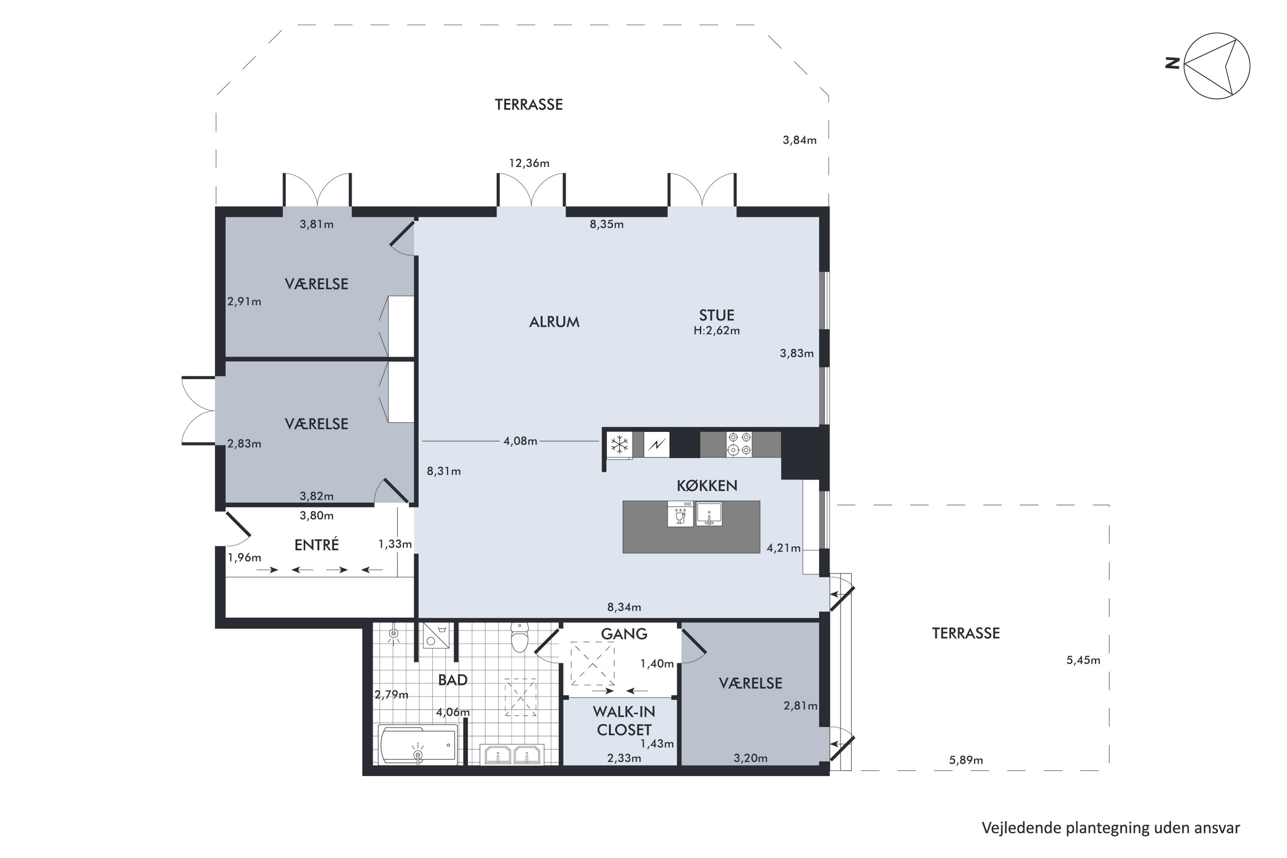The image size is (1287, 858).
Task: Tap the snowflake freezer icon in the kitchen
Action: (619, 445)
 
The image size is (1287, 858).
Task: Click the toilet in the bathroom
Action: (519, 637)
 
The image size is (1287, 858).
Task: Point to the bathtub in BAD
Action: (417, 745)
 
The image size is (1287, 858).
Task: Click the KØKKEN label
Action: (707, 485)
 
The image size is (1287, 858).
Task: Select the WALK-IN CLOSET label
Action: (624, 721)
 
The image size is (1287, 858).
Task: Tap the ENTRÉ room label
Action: (316, 544)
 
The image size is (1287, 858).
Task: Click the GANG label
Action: (624, 634)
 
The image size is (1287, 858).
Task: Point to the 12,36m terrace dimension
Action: (529, 163)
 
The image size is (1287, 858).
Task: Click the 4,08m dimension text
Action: (520, 441)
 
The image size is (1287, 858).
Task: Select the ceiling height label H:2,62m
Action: (716, 330)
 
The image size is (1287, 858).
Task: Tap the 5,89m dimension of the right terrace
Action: (966, 760)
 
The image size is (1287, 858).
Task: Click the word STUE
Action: (716, 315)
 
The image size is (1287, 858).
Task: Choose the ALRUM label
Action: (554, 322)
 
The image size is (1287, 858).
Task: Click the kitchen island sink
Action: (709, 514)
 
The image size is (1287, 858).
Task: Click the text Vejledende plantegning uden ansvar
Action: (1111, 828)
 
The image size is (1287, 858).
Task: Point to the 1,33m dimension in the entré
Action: (395, 544)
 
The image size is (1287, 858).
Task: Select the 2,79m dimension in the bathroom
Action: (391, 695)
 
